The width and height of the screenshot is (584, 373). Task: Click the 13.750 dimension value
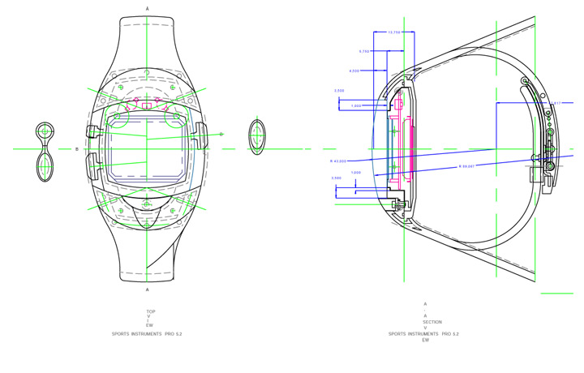394,32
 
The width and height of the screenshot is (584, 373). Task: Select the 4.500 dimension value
354,71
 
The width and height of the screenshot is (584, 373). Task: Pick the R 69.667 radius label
466,166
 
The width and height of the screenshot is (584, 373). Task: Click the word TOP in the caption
150,311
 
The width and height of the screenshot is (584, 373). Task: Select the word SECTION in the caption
432,322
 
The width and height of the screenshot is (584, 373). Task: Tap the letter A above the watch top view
147,8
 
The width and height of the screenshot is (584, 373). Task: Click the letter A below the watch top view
147,289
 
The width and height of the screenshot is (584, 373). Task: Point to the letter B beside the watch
77,149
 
